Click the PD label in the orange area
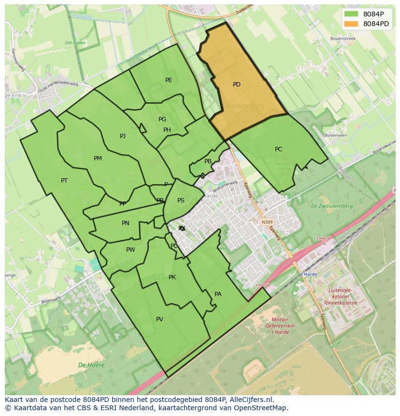click(236, 85)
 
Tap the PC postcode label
click(278, 149)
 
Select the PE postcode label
click(169, 80)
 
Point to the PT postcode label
click(64, 181)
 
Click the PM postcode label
click(98, 158)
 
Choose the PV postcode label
click(159, 319)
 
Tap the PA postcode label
click(218, 294)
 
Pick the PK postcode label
click(172, 277)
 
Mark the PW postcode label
click(130, 250)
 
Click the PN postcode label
click(126, 223)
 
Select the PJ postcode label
click(123, 136)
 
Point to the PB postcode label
click(208, 162)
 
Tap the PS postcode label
click(181, 201)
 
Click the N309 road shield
click(267, 222)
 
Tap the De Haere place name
click(91, 365)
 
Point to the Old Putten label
click(75, 43)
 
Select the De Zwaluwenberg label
click(332, 206)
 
